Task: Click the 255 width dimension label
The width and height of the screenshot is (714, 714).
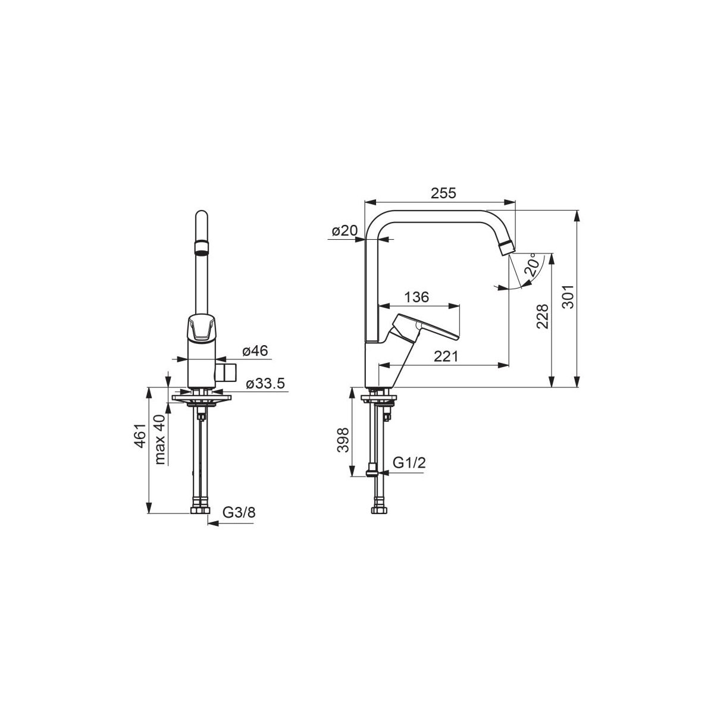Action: point(443,193)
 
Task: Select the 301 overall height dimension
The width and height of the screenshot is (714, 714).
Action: point(567,297)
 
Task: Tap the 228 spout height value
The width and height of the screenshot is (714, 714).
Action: point(542,316)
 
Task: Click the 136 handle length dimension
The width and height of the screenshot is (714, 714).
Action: point(416,297)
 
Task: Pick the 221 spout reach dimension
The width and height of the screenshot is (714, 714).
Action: point(446,356)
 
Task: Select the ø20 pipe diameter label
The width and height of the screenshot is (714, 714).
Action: point(345,231)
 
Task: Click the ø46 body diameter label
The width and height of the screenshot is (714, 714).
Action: point(255,350)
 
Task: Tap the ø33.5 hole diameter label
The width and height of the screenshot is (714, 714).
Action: point(266,384)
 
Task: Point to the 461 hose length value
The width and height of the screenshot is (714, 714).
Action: point(140,436)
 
